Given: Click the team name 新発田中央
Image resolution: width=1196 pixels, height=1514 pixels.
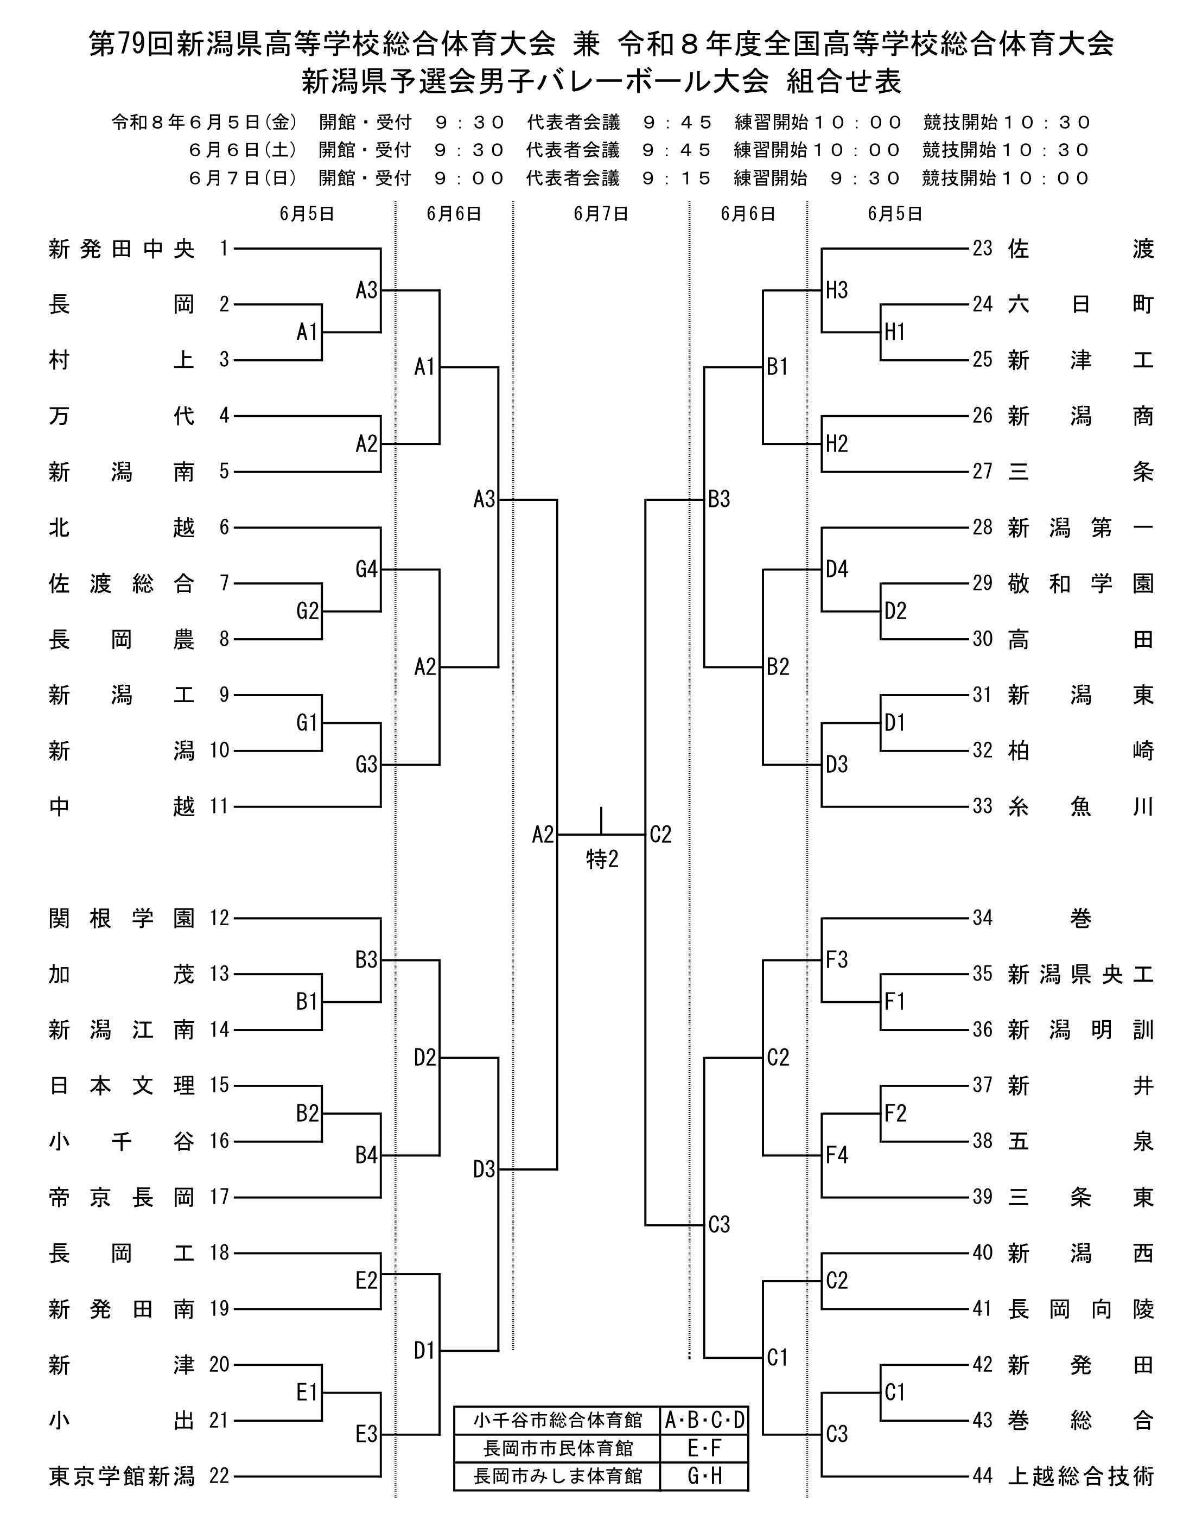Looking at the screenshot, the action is click(x=122, y=249).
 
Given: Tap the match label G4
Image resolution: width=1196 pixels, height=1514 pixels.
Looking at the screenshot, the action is click(x=366, y=569).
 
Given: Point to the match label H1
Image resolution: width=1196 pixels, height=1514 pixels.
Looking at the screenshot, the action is click(x=895, y=332).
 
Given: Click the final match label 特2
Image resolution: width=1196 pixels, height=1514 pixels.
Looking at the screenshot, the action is click(x=602, y=859).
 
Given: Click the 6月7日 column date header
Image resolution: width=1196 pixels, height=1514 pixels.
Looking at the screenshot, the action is click(x=601, y=214).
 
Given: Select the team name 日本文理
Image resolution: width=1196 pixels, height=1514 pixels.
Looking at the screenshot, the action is click(x=122, y=1085).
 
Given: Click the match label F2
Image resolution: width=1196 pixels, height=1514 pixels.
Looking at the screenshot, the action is click(x=895, y=1114).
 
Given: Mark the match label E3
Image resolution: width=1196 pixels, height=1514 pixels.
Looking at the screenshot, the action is click(x=366, y=1435).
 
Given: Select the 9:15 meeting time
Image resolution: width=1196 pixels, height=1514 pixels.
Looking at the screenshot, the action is click(x=677, y=179).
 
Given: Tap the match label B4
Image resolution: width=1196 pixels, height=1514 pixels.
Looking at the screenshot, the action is click(x=366, y=1155).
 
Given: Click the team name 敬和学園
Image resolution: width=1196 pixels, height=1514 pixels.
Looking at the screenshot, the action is click(x=1080, y=583).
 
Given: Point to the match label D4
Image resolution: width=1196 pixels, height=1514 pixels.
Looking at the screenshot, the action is click(x=837, y=569).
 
